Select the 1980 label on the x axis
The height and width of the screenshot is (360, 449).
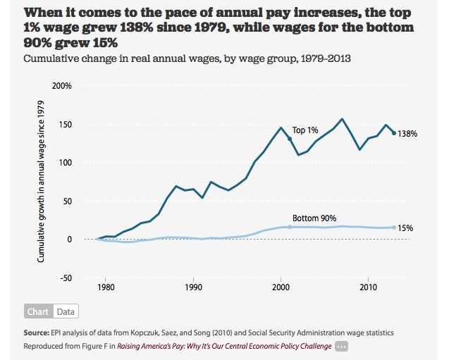click(106, 287)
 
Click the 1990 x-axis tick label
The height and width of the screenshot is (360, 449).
click(193, 287)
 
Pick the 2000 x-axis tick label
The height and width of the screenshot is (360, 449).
click(281, 287)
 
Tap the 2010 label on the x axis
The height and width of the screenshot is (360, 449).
click(367, 287)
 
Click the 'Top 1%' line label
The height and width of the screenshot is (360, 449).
click(306, 130)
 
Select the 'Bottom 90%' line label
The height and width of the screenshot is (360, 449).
click(314, 218)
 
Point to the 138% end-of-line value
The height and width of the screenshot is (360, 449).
click(408, 134)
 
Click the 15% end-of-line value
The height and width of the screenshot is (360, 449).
click(405, 228)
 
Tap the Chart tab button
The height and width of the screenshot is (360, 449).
click(39, 311)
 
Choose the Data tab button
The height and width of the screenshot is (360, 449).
click(66, 311)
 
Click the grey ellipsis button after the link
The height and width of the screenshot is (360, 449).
click(342, 346)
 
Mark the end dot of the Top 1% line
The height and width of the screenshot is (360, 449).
click(394, 133)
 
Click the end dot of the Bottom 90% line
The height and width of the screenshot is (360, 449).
click(394, 228)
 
